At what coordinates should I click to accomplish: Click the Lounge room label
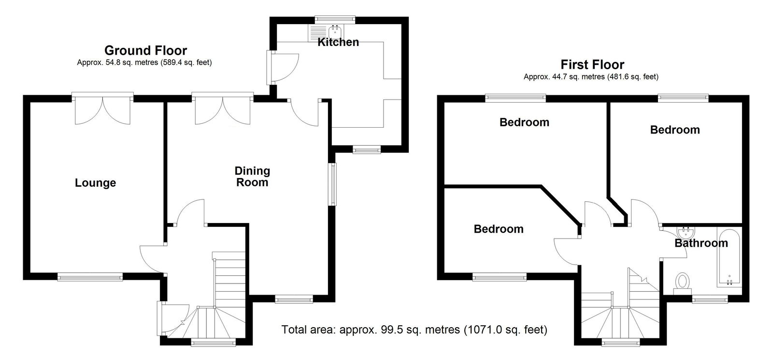click(x=95, y=183)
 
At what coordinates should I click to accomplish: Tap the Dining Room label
click(x=252, y=177)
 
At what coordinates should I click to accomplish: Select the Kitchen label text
click(x=338, y=42)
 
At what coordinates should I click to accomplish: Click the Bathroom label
click(x=701, y=243)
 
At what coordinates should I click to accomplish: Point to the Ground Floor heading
click(x=145, y=50)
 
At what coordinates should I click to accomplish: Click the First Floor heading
click(x=592, y=65)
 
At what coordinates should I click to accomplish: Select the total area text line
click(x=415, y=330)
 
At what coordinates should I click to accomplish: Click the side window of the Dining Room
click(x=332, y=184)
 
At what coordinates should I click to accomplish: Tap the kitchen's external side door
click(x=282, y=68)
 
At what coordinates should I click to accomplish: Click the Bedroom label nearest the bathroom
click(x=675, y=130)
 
